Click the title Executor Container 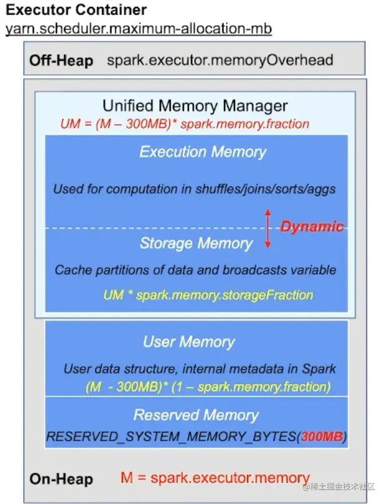pyautogui.click(x=76, y=10)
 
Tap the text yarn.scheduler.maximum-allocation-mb pyautogui.click(x=138, y=29)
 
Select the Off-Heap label pyautogui.click(x=61, y=61)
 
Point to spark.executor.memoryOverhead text pyautogui.click(x=220, y=61)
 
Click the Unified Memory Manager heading pyautogui.click(x=195, y=105)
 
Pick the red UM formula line pyautogui.click(x=185, y=124)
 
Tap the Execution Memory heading pyautogui.click(x=202, y=152)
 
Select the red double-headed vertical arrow pyautogui.click(x=268, y=228)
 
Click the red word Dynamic pyautogui.click(x=311, y=226)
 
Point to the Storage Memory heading pyautogui.click(x=196, y=243)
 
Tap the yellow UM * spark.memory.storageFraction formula pyautogui.click(x=208, y=294)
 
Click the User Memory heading pyautogui.click(x=188, y=342)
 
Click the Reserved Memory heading pyautogui.click(x=195, y=415)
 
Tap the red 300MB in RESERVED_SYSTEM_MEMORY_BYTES pyautogui.click(x=322, y=437)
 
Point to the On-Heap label pyautogui.click(x=61, y=479)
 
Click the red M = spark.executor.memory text pyautogui.click(x=215, y=478)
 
